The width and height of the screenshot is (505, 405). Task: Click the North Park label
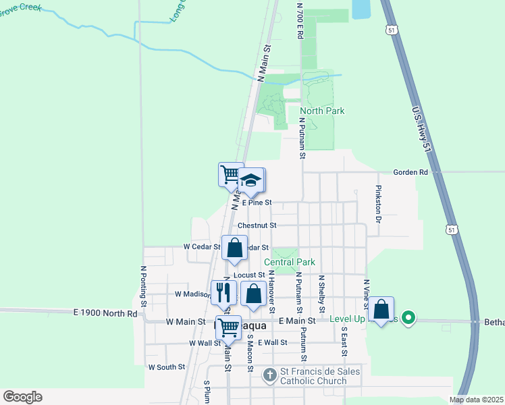point(322,111)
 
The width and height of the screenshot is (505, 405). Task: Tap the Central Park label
point(290,262)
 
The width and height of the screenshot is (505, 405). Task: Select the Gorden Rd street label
point(413,173)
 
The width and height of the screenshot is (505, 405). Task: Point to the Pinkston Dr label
point(379,205)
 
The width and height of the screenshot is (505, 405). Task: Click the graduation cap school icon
point(251,180)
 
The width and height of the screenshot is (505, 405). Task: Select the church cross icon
point(269,375)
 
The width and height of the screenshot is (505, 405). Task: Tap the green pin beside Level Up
point(408,317)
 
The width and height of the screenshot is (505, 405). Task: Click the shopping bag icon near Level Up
point(381,309)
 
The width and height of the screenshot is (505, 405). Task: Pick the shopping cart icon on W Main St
point(228,328)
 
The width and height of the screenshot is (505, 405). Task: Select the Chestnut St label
point(257,225)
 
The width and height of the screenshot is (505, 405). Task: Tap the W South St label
point(167,367)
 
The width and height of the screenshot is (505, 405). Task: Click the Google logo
point(22,397)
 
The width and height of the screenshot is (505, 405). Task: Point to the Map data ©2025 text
point(475,400)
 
